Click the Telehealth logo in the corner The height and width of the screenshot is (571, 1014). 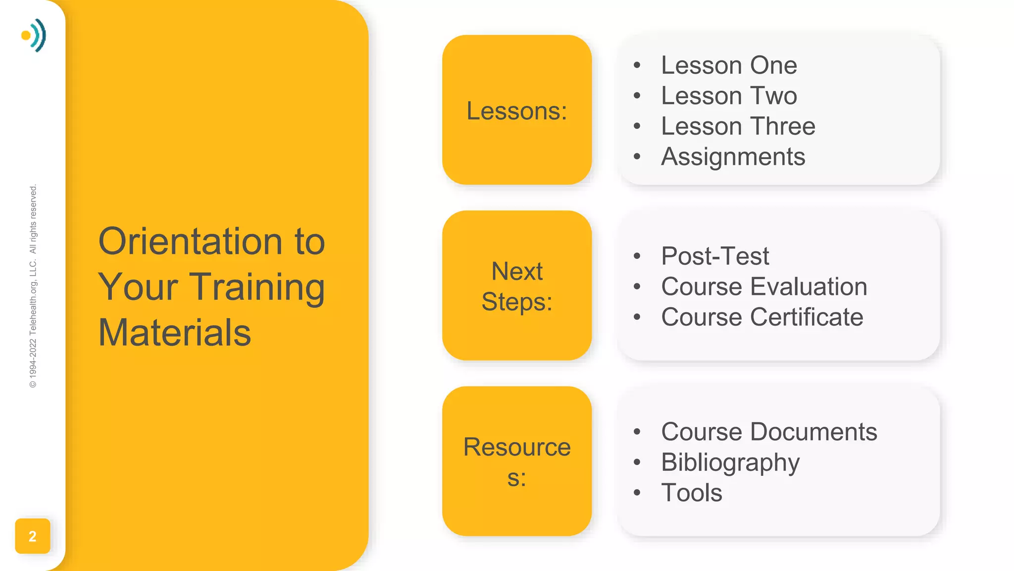click(x=34, y=35)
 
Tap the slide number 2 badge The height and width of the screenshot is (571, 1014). click(x=33, y=536)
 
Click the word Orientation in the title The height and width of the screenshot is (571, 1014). click(x=190, y=241)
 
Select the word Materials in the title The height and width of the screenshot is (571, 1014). click(x=175, y=333)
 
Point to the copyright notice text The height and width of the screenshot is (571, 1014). click(x=33, y=286)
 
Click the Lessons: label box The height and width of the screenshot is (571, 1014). click(x=516, y=110)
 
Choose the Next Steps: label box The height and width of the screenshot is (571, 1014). click(x=516, y=286)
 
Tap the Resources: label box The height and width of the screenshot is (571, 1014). click(x=516, y=461)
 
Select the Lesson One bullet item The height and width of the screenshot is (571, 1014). click(x=729, y=65)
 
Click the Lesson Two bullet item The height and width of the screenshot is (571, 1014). click(x=729, y=96)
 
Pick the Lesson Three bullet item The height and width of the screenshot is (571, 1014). click(x=738, y=126)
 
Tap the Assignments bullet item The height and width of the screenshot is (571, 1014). click(x=733, y=157)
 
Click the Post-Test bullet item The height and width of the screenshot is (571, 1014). click(x=715, y=256)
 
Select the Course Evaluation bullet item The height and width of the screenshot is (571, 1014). click(x=764, y=287)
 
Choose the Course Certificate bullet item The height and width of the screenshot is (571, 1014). click(x=762, y=317)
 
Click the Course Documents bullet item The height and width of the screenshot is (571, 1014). click(x=769, y=432)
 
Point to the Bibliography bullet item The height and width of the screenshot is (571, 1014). click(x=730, y=462)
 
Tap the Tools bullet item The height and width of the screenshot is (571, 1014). click(x=692, y=493)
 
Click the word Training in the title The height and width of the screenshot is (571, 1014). click(x=257, y=287)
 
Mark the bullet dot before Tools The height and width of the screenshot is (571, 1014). click(x=637, y=493)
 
